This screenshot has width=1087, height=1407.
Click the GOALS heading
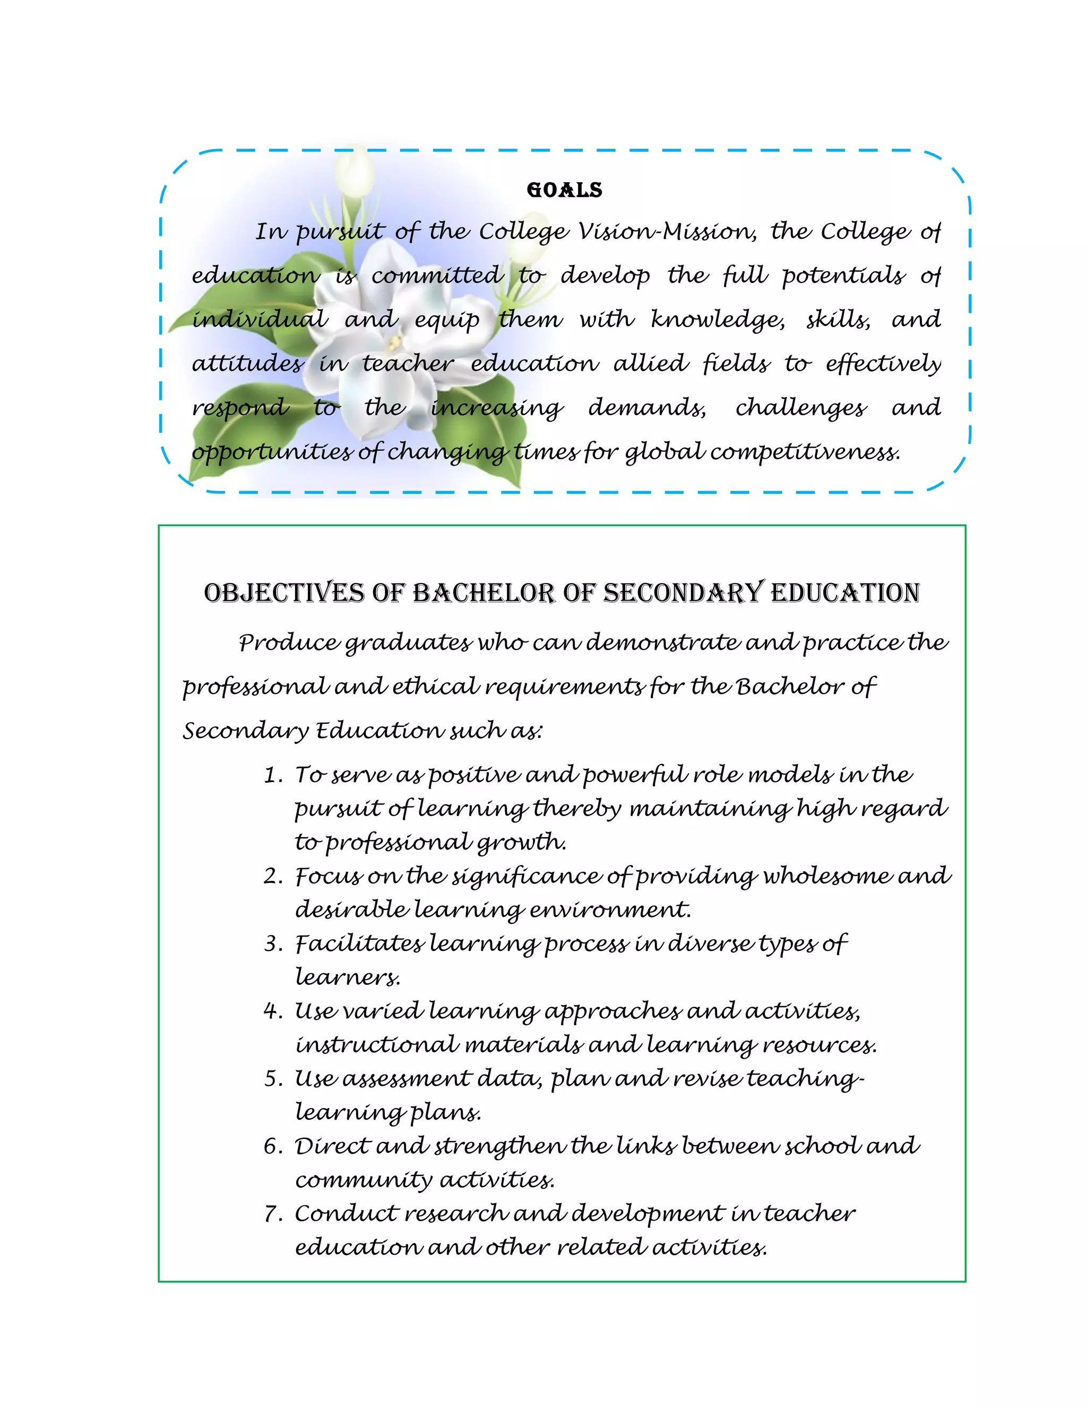pos(564,190)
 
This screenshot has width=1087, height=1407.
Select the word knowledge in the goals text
pos(717,320)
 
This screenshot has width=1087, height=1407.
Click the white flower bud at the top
pos(356,169)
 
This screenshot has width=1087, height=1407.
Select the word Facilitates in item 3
pos(359,944)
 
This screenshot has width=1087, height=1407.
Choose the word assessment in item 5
pos(406,1079)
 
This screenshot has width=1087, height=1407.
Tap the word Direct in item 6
pos(331,1147)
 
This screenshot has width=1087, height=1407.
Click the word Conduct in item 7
pos(346,1214)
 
